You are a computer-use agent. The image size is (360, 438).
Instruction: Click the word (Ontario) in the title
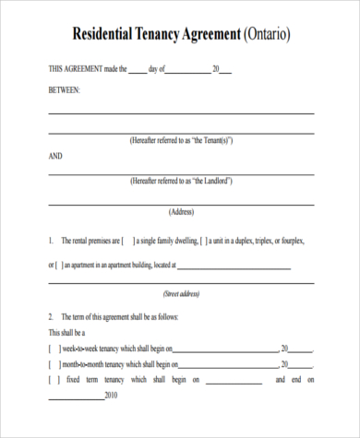267,35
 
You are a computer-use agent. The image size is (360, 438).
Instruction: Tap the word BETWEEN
65,89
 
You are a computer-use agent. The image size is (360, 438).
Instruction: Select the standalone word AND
55,156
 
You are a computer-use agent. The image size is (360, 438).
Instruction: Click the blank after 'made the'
137,70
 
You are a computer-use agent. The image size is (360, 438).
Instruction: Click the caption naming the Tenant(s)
181,140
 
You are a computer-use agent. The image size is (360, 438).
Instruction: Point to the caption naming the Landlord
181,182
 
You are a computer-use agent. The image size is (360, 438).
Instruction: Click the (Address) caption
181,212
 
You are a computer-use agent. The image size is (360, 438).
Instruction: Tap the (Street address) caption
181,294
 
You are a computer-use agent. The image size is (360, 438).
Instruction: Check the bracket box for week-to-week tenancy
54,349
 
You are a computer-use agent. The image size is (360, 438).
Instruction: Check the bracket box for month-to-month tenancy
54,364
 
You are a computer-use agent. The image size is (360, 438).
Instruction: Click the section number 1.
51,241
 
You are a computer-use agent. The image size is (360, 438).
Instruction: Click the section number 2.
51,316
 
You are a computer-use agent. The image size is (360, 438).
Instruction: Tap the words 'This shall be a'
66,333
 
